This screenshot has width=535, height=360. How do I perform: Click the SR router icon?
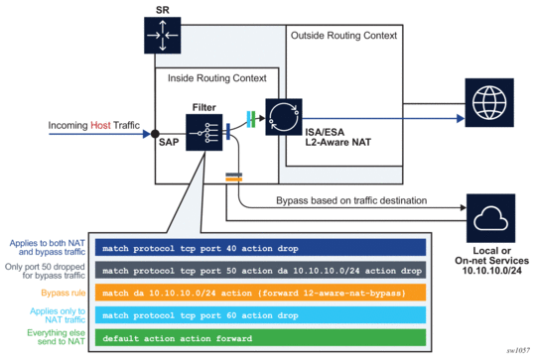(x=163, y=36)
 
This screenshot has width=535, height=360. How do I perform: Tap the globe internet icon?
(x=489, y=102)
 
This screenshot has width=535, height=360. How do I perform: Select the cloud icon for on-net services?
(x=490, y=218)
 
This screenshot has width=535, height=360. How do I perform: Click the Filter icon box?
(x=204, y=132)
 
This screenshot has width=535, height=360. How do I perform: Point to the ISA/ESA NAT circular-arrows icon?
(x=284, y=117)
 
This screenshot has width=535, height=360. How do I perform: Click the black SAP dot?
(x=155, y=134)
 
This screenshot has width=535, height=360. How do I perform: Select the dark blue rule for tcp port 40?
(x=260, y=248)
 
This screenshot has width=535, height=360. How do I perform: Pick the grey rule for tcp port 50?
(x=260, y=270)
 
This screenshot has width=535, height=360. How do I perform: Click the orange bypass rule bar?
(x=260, y=293)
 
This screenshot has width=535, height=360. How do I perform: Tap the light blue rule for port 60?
(x=260, y=315)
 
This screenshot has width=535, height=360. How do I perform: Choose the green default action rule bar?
(x=260, y=337)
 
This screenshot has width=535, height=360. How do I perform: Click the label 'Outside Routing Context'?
(x=343, y=36)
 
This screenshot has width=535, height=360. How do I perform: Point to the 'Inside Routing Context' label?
(x=217, y=78)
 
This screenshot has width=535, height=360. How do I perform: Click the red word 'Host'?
(x=100, y=125)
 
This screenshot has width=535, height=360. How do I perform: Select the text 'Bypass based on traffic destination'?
(x=351, y=200)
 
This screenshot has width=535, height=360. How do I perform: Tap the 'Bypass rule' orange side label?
(x=64, y=293)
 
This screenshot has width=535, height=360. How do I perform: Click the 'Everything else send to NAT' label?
(x=57, y=337)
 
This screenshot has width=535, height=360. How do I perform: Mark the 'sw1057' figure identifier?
(x=518, y=350)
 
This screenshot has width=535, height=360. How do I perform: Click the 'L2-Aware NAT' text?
(x=337, y=142)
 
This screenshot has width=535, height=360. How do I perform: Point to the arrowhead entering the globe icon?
(x=461, y=119)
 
